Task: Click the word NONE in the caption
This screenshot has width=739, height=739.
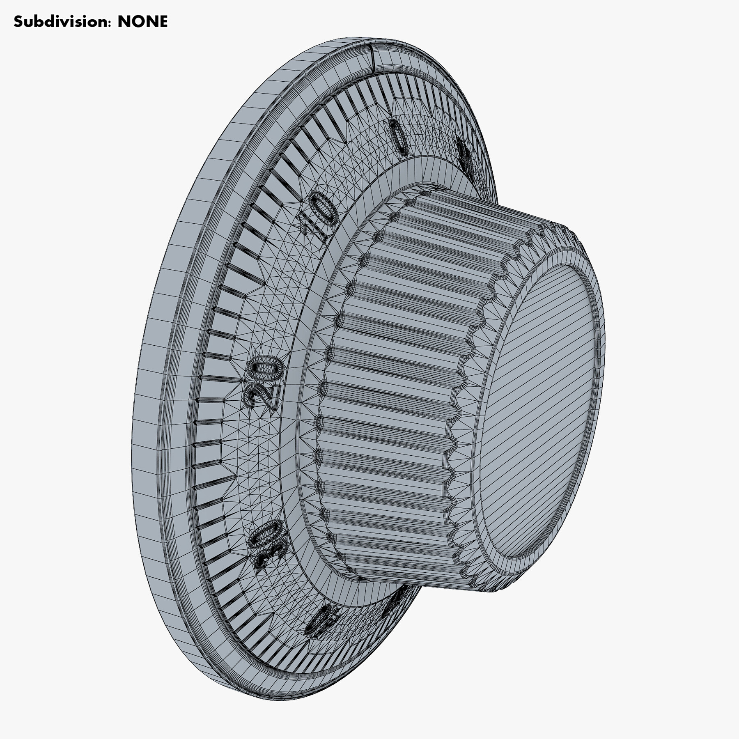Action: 142,21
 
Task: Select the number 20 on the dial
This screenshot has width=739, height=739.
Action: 263,381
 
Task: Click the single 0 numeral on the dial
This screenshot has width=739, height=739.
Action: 398,137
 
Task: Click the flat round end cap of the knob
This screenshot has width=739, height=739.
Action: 542,411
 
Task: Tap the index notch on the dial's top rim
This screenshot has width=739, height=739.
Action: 373,55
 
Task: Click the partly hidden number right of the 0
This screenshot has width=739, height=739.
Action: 465,158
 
